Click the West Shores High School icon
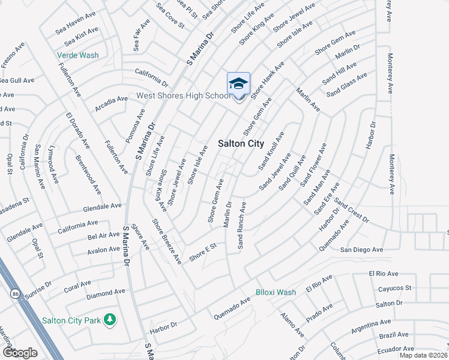(x=238, y=84)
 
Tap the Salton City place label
(x=240, y=144)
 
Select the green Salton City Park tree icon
(x=109, y=320)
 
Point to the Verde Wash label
(x=78, y=55)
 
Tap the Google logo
(x=19, y=353)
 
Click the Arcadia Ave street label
(x=111, y=99)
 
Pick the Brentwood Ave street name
(x=88, y=175)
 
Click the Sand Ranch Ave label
(x=242, y=225)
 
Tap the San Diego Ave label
(x=361, y=250)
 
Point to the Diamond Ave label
(x=106, y=292)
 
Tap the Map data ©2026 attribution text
(x=424, y=355)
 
